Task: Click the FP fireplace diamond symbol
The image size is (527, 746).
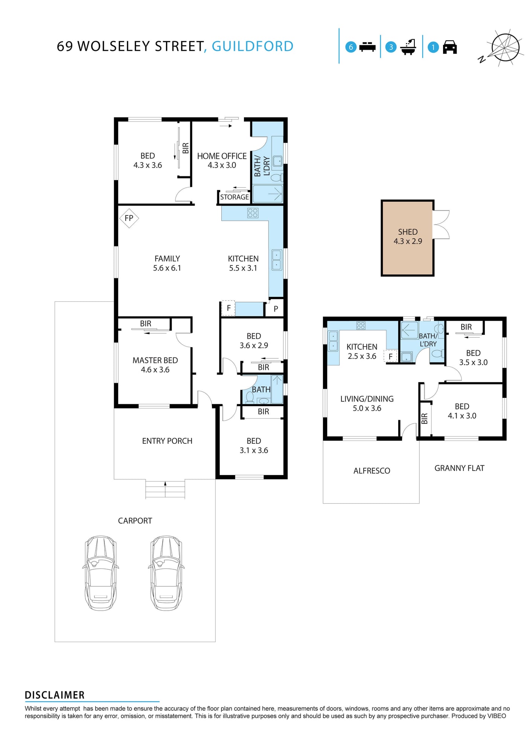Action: [129, 218]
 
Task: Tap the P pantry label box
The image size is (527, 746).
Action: [274, 308]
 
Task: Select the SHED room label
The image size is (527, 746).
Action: [408, 232]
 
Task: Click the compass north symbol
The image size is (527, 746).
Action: [501, 47]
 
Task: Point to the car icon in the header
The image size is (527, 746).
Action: [450, 47]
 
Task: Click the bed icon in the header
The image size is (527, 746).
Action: [367, 47]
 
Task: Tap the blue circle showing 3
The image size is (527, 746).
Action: [391, 47]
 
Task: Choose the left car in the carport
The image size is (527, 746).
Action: [101, 573]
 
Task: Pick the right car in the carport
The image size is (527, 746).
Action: [166, 573]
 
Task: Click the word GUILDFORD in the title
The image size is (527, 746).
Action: [253, 46]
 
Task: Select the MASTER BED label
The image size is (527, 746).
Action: [155, 361]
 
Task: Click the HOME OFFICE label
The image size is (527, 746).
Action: [222, 156]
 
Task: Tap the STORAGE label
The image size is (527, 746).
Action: [235, 197]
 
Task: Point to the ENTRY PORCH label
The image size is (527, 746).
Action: [167, 441]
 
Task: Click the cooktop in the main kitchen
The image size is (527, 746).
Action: [253, 213]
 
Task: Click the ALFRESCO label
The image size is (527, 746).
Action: [372, 471]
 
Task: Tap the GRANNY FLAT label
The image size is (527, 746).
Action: [459, 468]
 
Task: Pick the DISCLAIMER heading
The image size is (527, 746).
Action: [55, 695]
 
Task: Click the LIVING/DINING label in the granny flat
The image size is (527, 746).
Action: [367, 399]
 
